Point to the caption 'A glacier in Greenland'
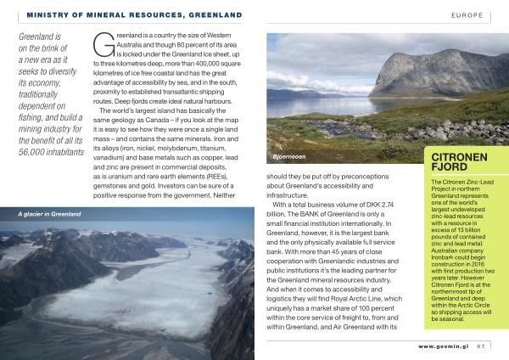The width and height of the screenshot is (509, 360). tap(49, 214)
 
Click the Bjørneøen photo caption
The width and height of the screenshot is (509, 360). tap(289, 157)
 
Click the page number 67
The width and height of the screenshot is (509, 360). tap(480, 346)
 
